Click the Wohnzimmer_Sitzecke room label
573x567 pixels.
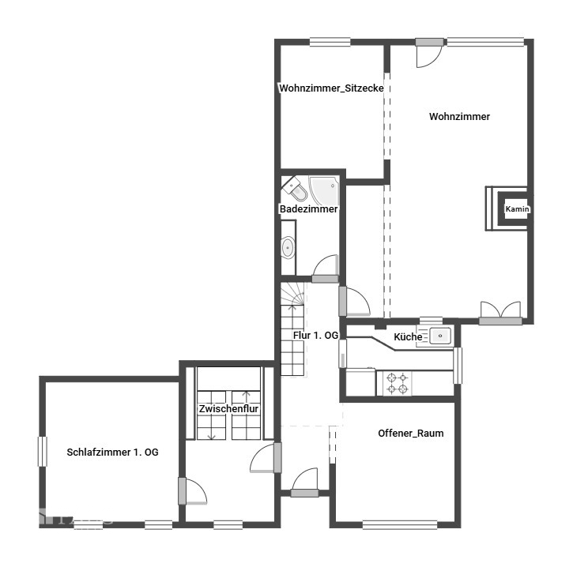pyautogui.click(x=331, y=88)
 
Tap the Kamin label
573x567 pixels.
pyautogui.click(x=517, y=208)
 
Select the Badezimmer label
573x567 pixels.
pyautogui.click(x=308, y=208)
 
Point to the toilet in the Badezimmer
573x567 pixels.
pyautogui.click(x=296, y=189)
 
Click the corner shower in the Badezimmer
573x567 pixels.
pyautogui.click(x=324, y=190)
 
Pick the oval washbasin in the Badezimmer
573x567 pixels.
pyautogui.click(x=288, y=247)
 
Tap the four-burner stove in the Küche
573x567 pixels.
pyautogui.click(x=398, y=383)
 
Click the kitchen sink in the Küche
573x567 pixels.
pyautogui.click(x=440, y=336)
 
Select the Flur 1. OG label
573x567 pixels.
pyautogui.click(x=315, y=335)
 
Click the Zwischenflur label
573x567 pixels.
pyautogui.click(x=228, y=408)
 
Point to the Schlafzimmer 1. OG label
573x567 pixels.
pyautogui.click(x=112, y=452)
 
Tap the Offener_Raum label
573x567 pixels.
pyautogui.click(x=411, y=434)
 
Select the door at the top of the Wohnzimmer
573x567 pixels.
pyautogui.click(x=429, y=53)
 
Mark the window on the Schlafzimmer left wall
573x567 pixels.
pyautogui.click(x=43, y=451)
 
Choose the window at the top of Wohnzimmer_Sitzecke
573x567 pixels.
pyautogui.click(x=330, y=42)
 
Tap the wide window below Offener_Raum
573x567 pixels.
pyautogui.click(x=400, y=524)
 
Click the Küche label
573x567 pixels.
pyautogui.click(x=408, y=336)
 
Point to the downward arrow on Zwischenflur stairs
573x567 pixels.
pyautogui.click(x=212, y=436)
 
